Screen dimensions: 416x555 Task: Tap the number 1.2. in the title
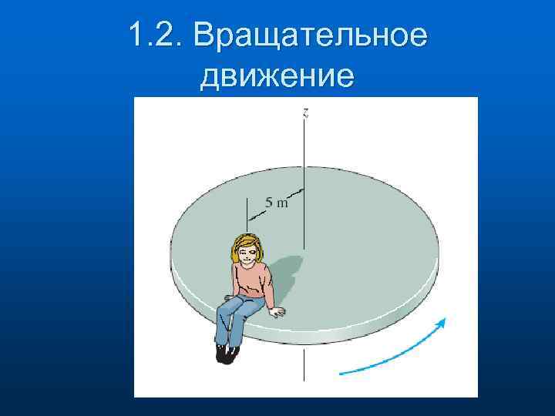pyautogui.click(x=156, y=36)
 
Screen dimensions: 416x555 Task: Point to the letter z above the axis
pyautogui.click(x=306, y=113)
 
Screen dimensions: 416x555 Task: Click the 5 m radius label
pyautogui.click(x=277, y=203)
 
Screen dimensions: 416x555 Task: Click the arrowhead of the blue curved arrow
pyautogui.click(x=442, y=323)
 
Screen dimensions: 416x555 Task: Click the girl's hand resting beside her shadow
pyautogui.click(x=277, y=311)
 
